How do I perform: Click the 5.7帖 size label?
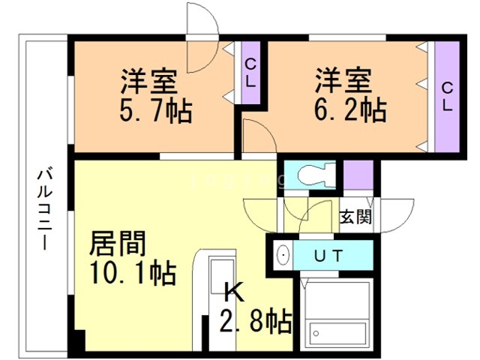pos(156,110)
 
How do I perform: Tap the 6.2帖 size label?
pos(351,109)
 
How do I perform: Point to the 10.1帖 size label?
pos(133,272)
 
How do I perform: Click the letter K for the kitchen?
pos(235,292)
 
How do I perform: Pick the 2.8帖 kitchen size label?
pos(256,321)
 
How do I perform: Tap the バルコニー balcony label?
pos(45,209)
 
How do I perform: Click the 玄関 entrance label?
pos(355,217)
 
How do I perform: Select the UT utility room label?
pos(328,256)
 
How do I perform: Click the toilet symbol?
pos(315,175)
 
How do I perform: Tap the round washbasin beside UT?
pos(283,255)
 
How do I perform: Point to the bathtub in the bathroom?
pos(337,334)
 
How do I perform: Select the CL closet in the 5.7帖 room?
pos(250,73)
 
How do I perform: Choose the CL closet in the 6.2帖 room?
pos(447,97)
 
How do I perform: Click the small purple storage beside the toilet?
pos(358,175)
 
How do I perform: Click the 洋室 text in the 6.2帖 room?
pos(343,80)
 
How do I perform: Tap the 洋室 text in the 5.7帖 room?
pos(149,81)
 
